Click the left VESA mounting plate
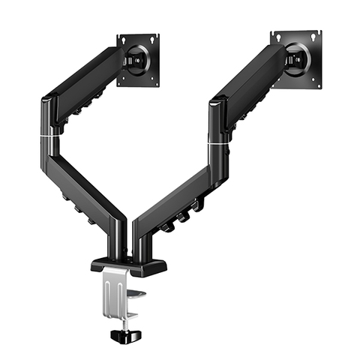138,60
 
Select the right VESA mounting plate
296,58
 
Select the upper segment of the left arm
82,82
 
